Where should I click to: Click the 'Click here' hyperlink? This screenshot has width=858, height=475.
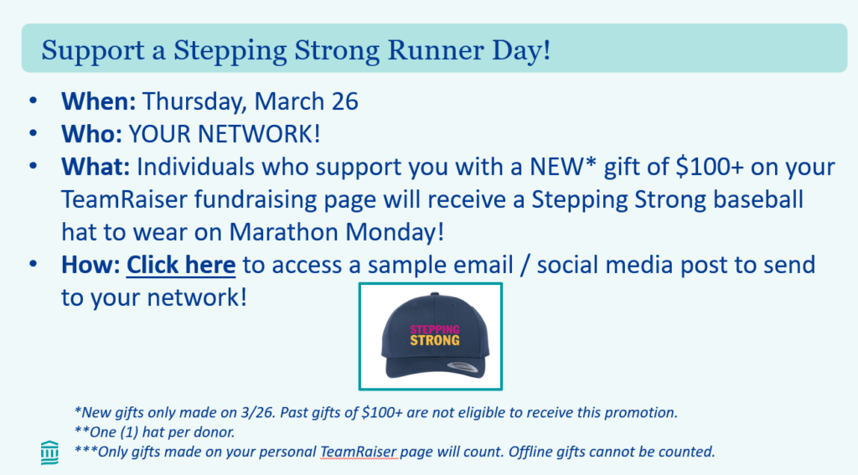coord(181,265)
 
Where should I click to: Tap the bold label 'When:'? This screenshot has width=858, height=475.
coord(99,101)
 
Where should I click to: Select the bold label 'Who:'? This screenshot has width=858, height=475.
coord(91,134)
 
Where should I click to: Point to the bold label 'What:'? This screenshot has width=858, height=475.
coord(96,167)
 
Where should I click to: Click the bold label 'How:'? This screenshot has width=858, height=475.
coord(90,265)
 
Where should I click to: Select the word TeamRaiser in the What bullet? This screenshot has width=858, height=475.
coord(124,199)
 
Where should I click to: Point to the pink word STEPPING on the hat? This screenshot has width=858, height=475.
coord(435,329)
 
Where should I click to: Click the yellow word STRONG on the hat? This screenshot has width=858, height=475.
coord(435,340)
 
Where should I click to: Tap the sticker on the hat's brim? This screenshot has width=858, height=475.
coord(463,365)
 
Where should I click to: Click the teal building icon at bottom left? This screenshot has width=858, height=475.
coord(49,452)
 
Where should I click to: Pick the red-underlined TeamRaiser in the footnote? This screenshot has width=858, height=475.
coord(359,452)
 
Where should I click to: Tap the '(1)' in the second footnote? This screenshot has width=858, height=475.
coord(128,432)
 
